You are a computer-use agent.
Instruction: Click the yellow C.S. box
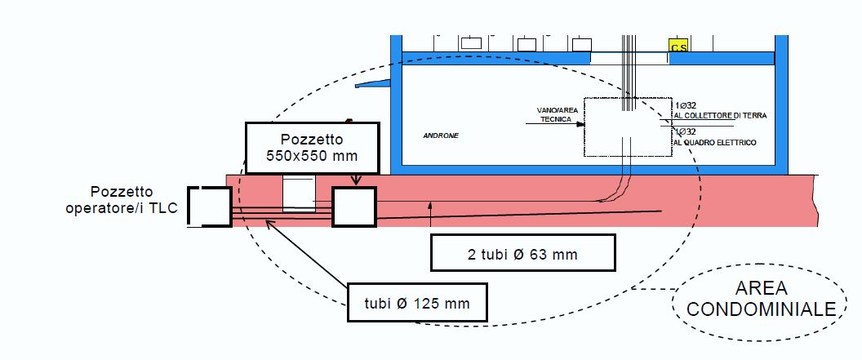tap(678, 46)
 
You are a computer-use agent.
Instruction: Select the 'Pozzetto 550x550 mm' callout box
tap(313, 147)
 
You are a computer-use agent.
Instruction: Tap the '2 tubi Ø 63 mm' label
tap(522, 254)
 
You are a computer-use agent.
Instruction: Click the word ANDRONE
tap(441, 136)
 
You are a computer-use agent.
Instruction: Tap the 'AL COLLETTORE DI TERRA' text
tap(721, 117)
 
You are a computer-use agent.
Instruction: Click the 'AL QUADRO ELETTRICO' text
tap(716, 143)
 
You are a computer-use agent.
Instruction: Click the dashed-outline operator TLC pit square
tap(210, 207)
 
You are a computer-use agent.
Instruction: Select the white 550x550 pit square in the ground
tap(353, 207)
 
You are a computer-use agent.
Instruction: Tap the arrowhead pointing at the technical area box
tap(580, 125)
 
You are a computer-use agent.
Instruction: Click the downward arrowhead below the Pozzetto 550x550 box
tap(354, 183)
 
